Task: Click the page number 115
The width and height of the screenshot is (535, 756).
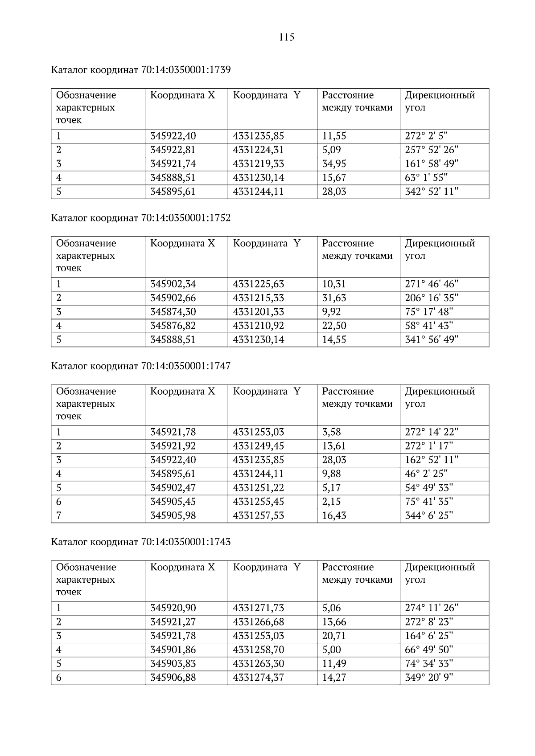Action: [287, 37]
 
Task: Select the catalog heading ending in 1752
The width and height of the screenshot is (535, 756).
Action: [141, 218]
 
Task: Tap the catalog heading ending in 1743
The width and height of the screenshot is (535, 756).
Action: [141, 542]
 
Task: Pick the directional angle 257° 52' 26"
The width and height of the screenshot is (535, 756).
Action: [431, 150]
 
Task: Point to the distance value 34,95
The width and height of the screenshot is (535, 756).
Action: [334, 163]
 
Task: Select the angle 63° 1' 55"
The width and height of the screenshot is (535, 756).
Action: [426, 178]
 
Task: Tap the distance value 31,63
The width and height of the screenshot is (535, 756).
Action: [334, 298]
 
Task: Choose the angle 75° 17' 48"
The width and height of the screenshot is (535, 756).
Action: [428, 311]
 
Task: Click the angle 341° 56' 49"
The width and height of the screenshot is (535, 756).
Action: [431, 339]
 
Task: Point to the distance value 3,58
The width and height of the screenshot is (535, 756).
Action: [331, 432]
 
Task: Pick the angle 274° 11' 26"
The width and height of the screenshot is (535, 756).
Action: [431, 608]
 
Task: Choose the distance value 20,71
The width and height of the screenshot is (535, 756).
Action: [334, 636]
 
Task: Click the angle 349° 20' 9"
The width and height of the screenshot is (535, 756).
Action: [428, 678]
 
